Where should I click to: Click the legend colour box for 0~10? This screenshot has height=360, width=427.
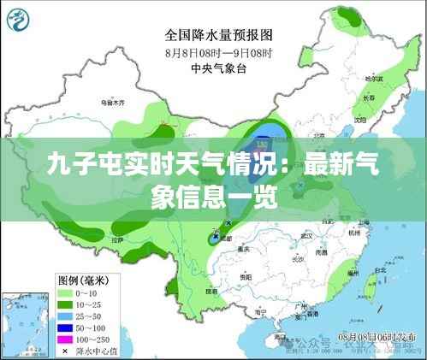tap(65, 292)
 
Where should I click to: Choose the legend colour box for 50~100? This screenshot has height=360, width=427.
tap(65, 328)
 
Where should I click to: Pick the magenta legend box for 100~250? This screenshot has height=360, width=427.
tap(65, 339)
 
